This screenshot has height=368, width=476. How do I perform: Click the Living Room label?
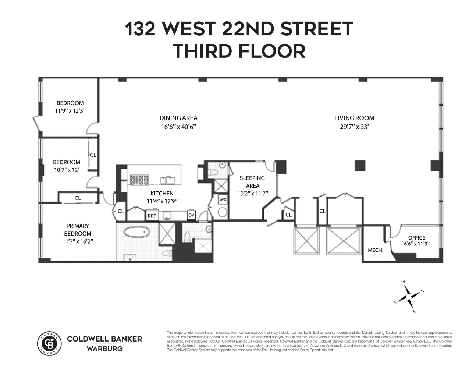(x=354, y=118)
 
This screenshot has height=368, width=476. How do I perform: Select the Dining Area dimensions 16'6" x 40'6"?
(x=178, y=127)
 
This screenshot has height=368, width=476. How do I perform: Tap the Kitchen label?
(x=162, y=194)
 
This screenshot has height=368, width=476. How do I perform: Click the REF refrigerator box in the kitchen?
(x=152, y=216)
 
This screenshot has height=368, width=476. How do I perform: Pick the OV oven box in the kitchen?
(x=191, y=215)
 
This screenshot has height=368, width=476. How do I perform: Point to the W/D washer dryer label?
(x=223, y=200)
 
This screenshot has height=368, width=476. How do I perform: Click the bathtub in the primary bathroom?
(x=136, y=233)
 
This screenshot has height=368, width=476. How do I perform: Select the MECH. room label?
(x=376, y=250)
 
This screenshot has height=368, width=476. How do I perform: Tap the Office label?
(x=416, y=238)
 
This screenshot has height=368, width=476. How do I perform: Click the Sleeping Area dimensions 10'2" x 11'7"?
(x=252, y=193)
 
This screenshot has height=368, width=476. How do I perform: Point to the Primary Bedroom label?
(x=78, y=230)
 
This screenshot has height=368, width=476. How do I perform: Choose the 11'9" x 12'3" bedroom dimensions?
(x=70, y=110)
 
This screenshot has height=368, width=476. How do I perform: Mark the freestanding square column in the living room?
(x=360, y=166)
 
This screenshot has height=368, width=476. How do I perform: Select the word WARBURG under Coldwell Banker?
(x=104, y=348)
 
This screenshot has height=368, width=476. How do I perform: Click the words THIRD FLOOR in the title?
(x=239, y=51)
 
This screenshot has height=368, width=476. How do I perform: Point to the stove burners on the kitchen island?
(x=138, y=180)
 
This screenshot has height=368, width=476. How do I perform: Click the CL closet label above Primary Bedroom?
(x=78, y=198)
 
